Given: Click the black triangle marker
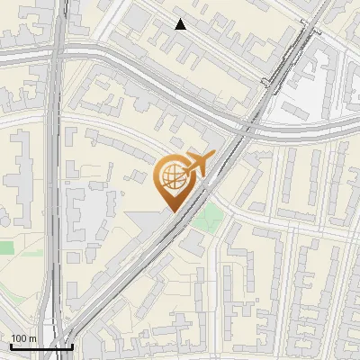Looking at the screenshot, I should pos(181,24).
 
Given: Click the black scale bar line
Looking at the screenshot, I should pos(41,346).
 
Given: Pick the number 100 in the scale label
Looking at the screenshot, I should pos(19,338).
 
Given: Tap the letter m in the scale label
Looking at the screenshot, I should pos(32,338).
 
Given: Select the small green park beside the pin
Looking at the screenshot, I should pos(210,216).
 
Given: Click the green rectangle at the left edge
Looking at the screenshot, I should pos(6,247).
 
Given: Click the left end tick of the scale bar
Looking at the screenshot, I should pos(11,346).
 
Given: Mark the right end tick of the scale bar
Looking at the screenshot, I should pos(72,346).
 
